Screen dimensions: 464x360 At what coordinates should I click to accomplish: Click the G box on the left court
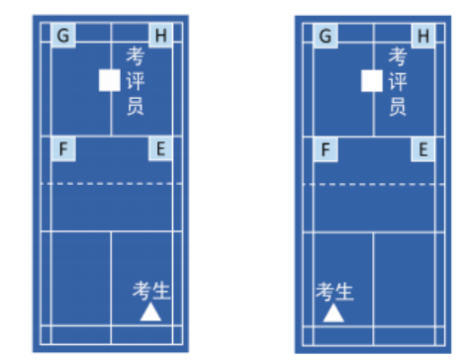coord(63,36)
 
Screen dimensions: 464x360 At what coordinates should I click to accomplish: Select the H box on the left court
coord(160,36)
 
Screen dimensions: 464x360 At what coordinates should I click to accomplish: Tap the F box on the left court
coord(63,149)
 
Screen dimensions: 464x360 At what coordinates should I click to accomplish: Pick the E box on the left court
coord(160,149)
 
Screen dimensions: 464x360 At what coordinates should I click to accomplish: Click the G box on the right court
coord(325,36)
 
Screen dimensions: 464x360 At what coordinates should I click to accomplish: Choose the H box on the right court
coord(423,36)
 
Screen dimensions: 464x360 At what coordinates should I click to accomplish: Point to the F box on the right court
coord(325,149)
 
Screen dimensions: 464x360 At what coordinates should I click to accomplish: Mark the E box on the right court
coord(423,149)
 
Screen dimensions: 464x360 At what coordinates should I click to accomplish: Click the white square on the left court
coord(110,80)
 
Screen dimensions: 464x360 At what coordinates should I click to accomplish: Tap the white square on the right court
coord(372,81)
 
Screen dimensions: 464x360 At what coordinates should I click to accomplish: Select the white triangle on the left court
coord(150,312)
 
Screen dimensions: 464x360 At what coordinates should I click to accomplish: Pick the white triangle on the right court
coord(333,313)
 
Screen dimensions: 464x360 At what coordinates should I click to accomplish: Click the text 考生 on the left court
coord(151,291)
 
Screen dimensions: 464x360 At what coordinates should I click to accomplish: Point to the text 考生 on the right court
coord(334,292)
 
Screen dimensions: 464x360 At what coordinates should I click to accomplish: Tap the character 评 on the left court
coord(136,81)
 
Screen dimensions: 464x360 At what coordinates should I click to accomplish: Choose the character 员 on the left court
coord(136,106)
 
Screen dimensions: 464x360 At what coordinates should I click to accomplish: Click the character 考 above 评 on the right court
coord(398,56)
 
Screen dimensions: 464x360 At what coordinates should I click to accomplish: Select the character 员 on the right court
coord(398,107)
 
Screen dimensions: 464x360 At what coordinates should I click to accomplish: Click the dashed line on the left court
coord(112,184)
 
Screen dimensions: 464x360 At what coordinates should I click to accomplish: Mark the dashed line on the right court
coord(374,184)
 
